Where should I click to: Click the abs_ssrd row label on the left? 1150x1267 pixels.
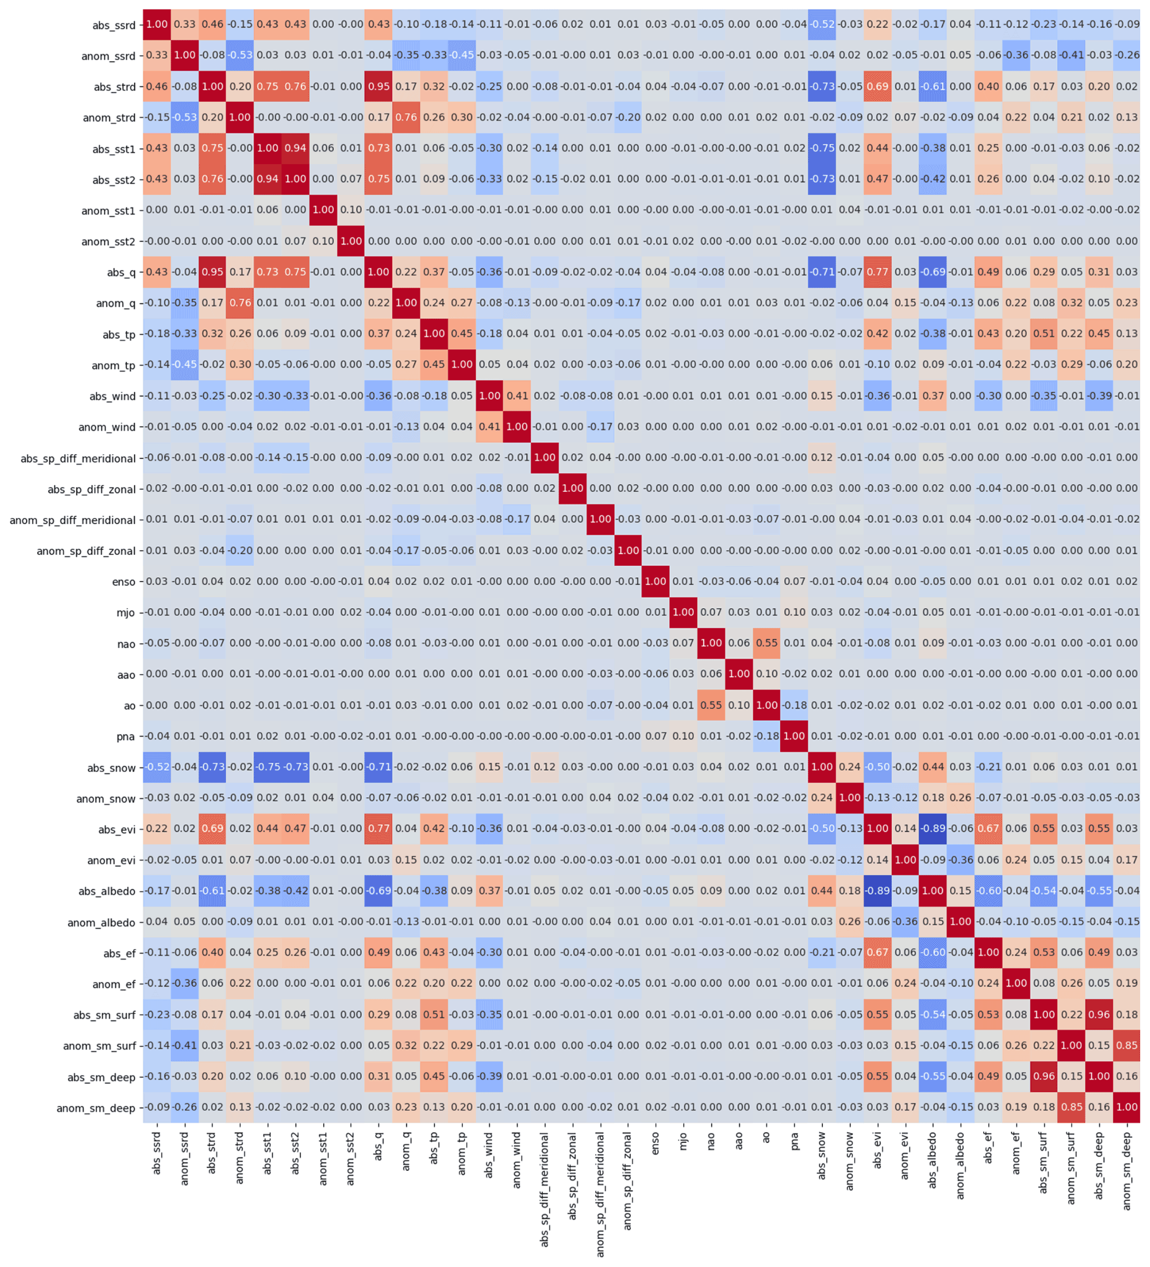pos(113,25)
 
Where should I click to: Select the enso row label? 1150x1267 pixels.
pos(124,582)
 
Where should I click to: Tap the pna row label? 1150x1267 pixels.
pos(126,737)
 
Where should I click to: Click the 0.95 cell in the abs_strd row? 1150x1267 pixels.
pos(378,87)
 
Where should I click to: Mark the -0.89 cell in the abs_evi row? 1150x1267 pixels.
pos(932,829)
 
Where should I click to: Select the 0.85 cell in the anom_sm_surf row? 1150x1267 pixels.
pos(1126,1046)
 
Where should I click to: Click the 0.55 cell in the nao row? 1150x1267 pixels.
pos(766,644)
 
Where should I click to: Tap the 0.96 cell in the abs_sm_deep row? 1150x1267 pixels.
pos(1043,1077)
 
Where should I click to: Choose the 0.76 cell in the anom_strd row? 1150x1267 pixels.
pos(406,117)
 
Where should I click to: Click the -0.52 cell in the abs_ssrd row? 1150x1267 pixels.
pos(821,24)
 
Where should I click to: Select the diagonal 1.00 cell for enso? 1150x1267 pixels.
pos(655,582)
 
